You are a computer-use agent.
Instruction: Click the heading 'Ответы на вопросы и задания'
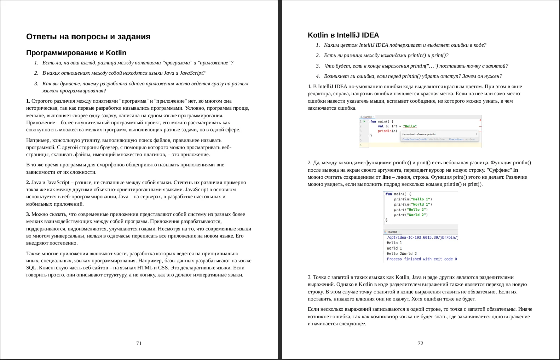(x=88, y=37)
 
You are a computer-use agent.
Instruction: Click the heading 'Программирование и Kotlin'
(x=76, y=53)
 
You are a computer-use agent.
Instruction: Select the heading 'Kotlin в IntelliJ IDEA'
(x=343, y=35)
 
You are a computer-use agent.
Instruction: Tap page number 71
(x=139, y=343)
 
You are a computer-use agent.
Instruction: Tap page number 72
(x=420, y=343)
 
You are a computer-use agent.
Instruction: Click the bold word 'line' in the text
(x=386, y=177)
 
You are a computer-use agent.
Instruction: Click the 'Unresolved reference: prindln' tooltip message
(x=419, y=135)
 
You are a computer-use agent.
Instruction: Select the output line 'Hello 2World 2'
(x=402, y=253)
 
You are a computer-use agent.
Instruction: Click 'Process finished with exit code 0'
(x=422, y=259)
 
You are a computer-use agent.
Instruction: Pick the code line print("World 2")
(x=411, y=215)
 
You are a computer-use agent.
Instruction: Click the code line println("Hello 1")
(x=413, y=199)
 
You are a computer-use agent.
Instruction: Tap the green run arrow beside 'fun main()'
(x=364, y=121)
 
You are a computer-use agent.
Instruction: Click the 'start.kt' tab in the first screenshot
(x=367, y=117)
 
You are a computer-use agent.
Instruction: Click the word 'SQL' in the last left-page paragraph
(x=31, y=268)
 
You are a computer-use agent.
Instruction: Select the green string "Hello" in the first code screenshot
(x=410, y=126)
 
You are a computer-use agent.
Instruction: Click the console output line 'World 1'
(x=394, y=248)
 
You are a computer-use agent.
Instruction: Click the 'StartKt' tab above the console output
(x=392, y=232)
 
